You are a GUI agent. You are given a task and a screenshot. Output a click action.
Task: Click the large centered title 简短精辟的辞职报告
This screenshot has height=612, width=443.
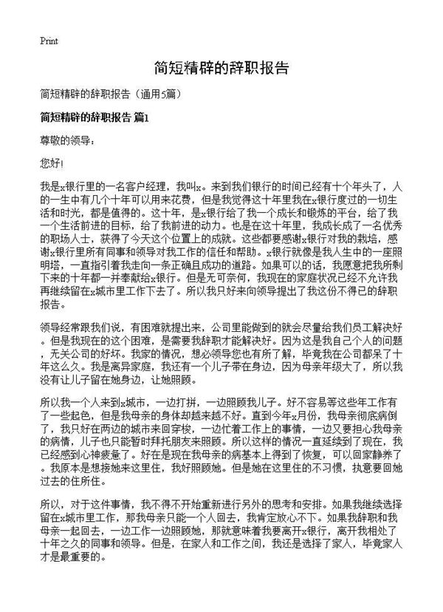tap(221, 68)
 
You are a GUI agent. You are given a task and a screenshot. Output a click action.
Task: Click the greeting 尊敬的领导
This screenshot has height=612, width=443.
tap(66, 139)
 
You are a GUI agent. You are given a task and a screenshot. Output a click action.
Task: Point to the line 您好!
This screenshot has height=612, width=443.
tap(53, 161)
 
